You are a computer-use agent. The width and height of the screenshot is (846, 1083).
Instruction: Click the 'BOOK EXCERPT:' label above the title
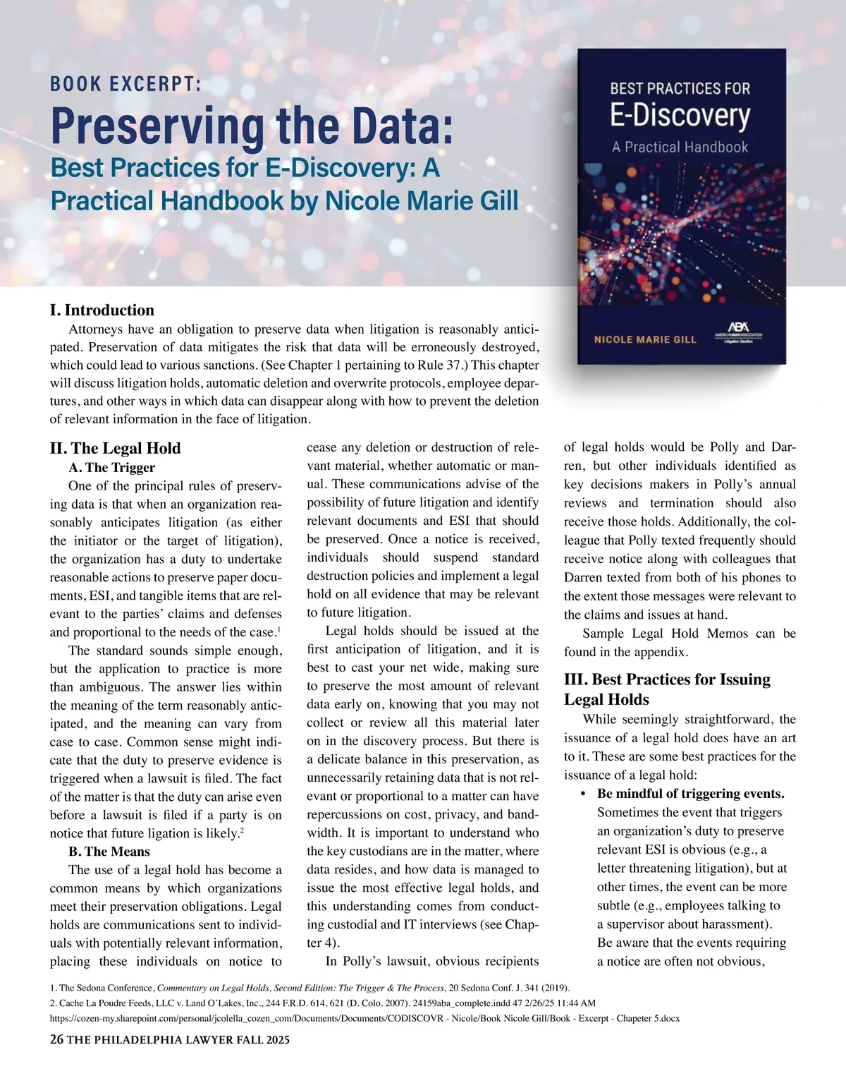[126, 85]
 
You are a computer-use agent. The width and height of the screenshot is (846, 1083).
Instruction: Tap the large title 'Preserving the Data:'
[251, 124]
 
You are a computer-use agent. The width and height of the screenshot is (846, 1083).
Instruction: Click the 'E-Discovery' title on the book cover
[680, 116]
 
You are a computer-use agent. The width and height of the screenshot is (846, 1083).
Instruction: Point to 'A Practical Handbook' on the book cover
[680, 147]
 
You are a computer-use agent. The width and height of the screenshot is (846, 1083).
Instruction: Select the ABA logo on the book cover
[738, 332]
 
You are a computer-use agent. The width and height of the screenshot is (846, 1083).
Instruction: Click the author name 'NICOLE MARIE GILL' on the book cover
[645, 339]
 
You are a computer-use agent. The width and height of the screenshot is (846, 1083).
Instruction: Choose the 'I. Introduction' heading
[102, 310]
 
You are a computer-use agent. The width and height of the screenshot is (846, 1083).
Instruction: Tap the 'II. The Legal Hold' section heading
[115, 448]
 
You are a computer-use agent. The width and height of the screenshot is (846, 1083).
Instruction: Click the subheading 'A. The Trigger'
[111, 468]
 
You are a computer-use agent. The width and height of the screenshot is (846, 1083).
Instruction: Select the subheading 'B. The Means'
[109, 852]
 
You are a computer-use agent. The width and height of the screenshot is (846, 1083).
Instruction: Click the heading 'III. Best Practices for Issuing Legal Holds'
[667, 689]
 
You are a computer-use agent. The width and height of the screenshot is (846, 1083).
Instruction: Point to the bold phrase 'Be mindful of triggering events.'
[690, 794]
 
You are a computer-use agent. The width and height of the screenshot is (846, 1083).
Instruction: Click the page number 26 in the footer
[56, 1039]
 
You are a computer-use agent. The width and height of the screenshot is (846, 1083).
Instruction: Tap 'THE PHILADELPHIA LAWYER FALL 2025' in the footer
[178, 1040]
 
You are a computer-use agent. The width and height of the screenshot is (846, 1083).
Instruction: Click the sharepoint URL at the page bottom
[364, 1019]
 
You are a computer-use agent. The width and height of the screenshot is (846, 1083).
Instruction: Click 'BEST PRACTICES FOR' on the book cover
[680, 89]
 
